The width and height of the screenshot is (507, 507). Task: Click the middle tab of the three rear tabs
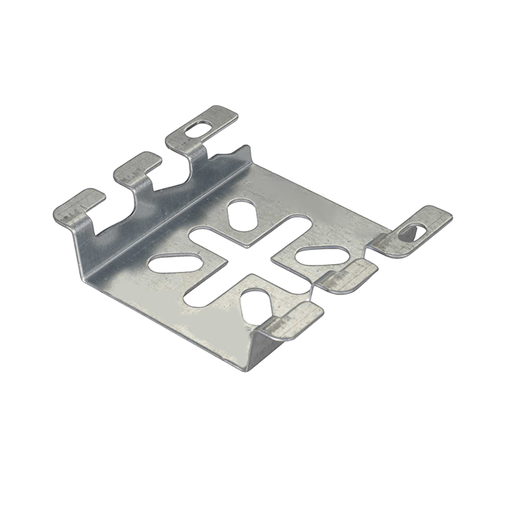click(138, 166)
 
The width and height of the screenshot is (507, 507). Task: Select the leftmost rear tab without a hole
click(79, 205)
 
